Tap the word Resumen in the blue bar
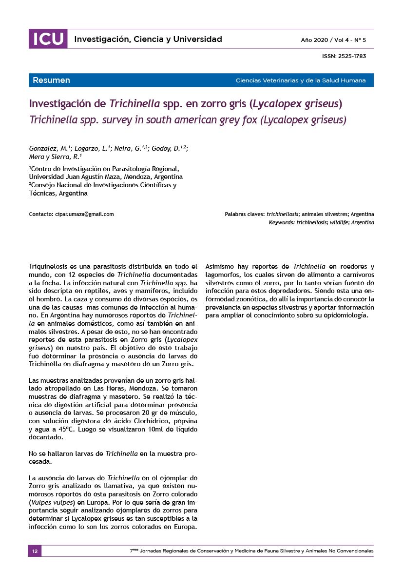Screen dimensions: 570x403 [51, 80]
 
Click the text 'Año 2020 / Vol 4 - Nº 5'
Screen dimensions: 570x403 [333, 39]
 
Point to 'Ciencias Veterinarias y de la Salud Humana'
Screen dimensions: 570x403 [300, 80]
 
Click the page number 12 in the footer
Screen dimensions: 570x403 [35, 551]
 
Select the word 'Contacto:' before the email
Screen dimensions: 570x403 [41, 214]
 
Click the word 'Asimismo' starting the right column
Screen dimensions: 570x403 [221, 267]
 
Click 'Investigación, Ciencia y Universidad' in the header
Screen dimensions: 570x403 [148, 39]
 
